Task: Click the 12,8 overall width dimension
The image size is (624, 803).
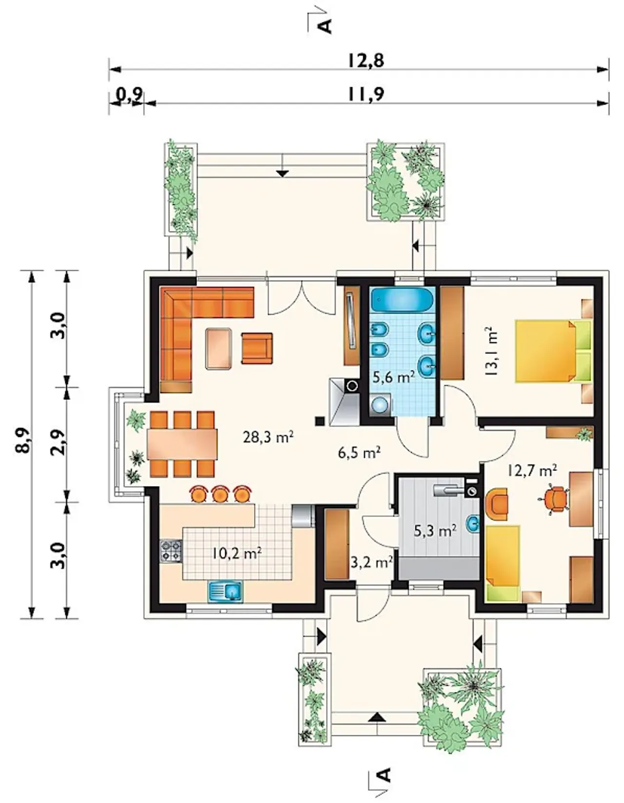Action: [x=366, y=60]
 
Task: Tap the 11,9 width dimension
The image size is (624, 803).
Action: [x=366, y=94]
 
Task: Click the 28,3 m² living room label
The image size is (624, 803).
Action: [x=268, y=438]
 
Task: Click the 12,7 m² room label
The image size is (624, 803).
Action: [x=532, y=471]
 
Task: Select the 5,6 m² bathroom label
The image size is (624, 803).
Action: [x=393, y=377]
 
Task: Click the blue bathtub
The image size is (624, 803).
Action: [x=402, y=300]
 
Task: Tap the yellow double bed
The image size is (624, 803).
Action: [x=553, y=352]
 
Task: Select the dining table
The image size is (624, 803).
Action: [x=182, y=444]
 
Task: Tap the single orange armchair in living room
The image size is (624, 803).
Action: [x=257, y=348]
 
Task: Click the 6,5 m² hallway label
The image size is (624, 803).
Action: [x=359, y=452]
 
